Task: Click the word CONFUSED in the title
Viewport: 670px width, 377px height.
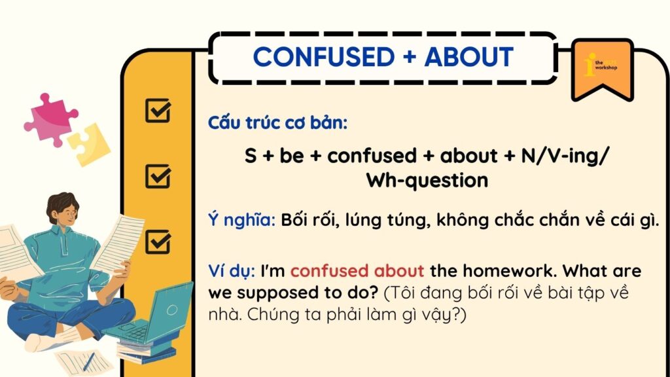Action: [x=323, y=56]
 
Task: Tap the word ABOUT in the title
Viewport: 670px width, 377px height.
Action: [x=468, y=56]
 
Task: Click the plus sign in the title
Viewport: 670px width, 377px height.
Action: [x=410, y=57]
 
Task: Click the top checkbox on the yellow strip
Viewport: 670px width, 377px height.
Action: [x=158, y=111]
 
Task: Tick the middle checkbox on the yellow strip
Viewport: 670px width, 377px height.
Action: [x=158, y=177]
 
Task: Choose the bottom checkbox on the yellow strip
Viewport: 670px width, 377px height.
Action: [x=158, y=242]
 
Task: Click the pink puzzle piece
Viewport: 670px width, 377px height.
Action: [x=50, y=120]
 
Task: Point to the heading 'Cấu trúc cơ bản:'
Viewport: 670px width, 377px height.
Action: [x=277, y=123]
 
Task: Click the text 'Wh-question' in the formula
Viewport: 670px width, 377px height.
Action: [x=427, y=181]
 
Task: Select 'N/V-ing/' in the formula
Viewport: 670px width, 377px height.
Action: [x=565, y=156]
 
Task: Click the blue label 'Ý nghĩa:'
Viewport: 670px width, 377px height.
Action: [x=242, y=220]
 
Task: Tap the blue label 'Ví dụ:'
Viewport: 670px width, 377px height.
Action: [x=232, y=271]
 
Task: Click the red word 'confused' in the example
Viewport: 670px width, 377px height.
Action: [x=329, y=271]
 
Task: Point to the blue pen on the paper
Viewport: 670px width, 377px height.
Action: [x=89, y=361]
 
